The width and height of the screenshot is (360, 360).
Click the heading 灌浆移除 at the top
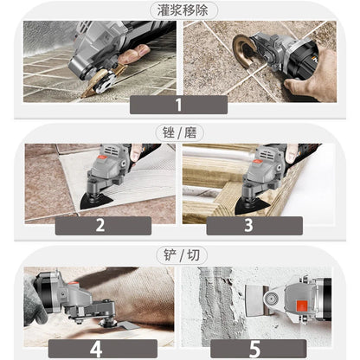tap(179, 10)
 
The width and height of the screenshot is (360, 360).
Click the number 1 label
tap(178, 106)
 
